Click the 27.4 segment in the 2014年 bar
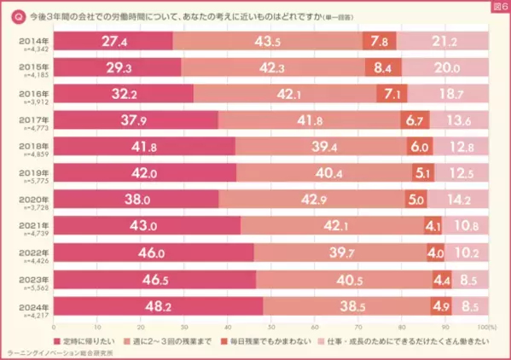113,41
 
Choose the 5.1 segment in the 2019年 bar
422,173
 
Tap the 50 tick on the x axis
271,325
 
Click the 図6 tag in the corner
497,6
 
